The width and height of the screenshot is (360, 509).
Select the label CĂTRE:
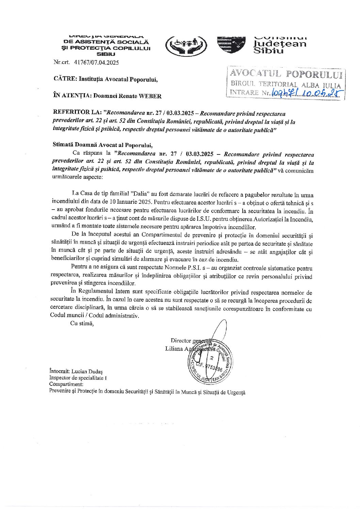tap(65, 79)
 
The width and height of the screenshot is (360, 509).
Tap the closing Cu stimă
tap(82, 323)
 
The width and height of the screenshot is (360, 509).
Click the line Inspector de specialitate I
tap(78, 378)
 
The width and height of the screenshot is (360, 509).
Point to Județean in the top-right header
tap(279, 44)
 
